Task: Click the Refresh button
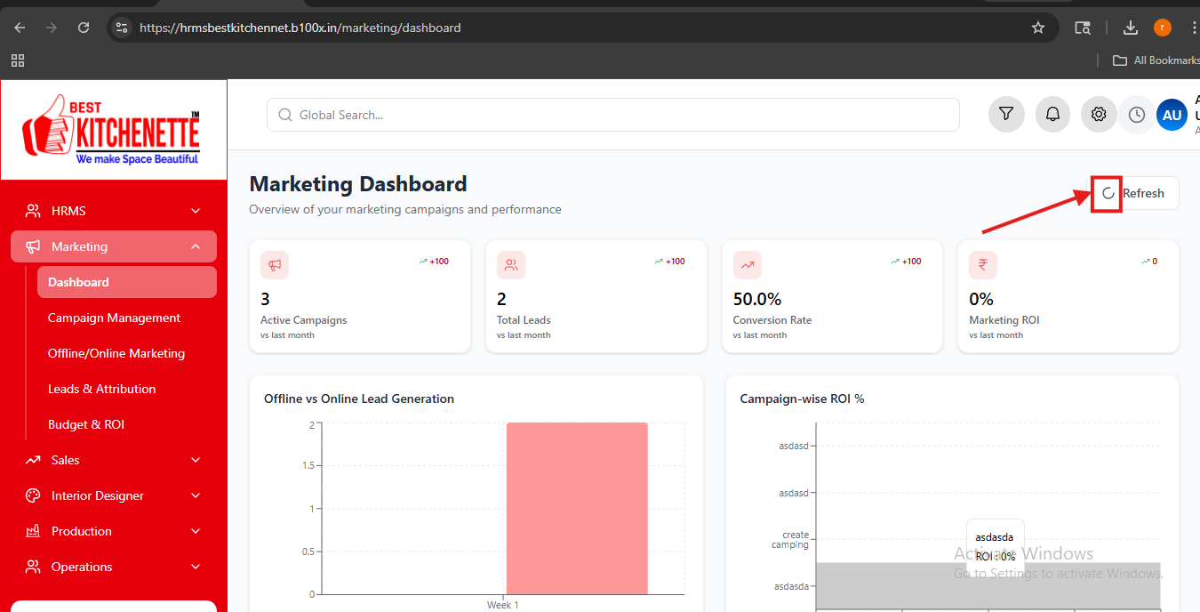1134,193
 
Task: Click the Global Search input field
612,115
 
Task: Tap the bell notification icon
1052,114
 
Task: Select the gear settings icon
1098,114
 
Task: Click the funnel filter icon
1006,114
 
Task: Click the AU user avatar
1172,115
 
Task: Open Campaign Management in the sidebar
114,318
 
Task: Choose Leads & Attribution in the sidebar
102,389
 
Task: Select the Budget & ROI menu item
86,424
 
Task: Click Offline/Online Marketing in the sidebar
116,353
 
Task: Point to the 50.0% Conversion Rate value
757,299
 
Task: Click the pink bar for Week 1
577,508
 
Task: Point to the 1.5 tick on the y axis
308,465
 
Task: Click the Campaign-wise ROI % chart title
802,399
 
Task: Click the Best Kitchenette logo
111,130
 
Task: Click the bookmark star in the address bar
1038,28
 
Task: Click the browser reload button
83,28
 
